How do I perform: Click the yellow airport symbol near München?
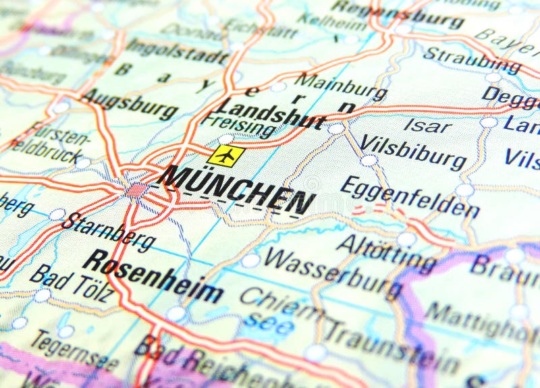point(226,156)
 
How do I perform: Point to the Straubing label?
point(472,61)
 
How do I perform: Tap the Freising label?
point(239,126)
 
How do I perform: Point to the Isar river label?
point(428,125)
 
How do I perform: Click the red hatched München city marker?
point(137,190)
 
